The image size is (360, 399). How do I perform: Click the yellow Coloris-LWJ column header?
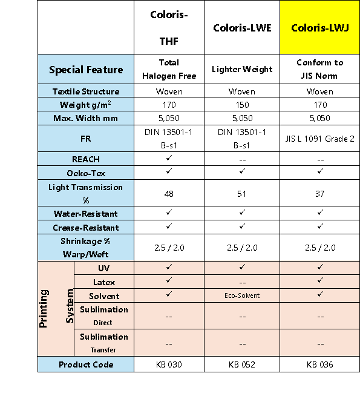coord(320,28)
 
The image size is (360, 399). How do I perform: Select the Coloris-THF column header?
coord(169,28)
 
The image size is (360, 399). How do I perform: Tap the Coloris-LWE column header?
coord(242,28)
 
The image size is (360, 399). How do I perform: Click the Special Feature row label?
coord(86,70)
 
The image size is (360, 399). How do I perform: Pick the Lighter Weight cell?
coord(242,69)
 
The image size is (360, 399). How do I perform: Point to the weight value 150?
coord(242,105)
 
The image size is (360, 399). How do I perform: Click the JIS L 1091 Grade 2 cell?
coord(320,139)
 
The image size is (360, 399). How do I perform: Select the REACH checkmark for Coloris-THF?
coord(169,158)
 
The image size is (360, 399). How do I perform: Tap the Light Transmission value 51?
coord(242,194)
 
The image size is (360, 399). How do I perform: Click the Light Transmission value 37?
coord(320,194)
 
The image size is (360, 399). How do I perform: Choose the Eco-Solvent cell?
coord(242,295)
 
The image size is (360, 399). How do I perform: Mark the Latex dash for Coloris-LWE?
coord(242,283)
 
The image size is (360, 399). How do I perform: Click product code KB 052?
coord(242,364)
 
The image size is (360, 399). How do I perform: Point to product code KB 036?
coord(320,364)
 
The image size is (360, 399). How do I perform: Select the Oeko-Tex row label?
coord(86,173)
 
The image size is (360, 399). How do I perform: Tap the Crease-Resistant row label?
coord(86,228)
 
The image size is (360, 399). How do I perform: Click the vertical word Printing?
coord(43,308)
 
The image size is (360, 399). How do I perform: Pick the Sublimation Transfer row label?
coord(104,343)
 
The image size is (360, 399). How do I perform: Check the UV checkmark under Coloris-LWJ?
coord(320,266)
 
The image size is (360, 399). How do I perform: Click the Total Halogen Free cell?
coord(169,69)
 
